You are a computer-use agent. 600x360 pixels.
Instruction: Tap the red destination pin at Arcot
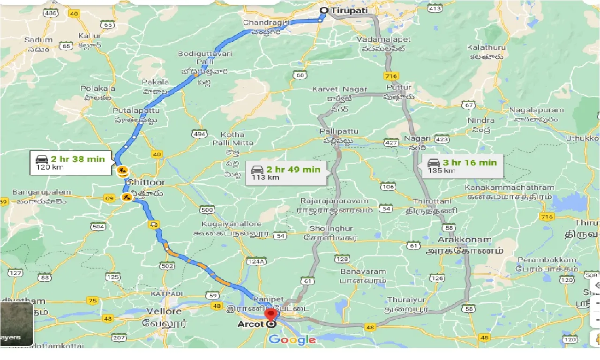pos(270,315)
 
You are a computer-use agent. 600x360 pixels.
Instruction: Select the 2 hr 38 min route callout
pos(72,163)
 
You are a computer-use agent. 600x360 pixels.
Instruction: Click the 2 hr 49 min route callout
pos(285,172)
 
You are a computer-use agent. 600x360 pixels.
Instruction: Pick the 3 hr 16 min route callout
pos(462,166)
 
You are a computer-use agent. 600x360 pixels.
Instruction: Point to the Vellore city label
pos(164,311)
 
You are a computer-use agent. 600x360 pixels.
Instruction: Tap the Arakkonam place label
pos(465,240)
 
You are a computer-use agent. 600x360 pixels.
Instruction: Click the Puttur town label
pos(399,87)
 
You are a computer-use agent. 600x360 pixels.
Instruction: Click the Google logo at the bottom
pos(292,340)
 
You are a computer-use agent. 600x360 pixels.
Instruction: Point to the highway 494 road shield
pos(199,134)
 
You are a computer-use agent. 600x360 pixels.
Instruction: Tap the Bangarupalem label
pos(42,192)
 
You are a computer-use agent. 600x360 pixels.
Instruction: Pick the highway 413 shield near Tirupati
pos(435,8)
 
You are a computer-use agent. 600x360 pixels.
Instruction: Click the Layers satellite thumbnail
pos(17,324)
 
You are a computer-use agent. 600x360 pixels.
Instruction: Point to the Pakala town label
pos(155,82)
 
